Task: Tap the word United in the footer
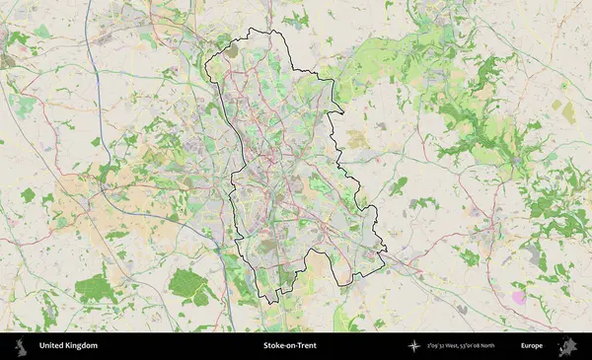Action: [52, 346]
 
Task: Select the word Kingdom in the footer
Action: [82, 346]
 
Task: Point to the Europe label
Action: [532, 346]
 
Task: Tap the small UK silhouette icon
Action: [19, 346]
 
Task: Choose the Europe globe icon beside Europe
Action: [567, 346]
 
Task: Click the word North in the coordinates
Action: [485, 346]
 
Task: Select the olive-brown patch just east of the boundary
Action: [356, 139]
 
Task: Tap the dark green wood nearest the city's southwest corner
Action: [187, 285]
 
